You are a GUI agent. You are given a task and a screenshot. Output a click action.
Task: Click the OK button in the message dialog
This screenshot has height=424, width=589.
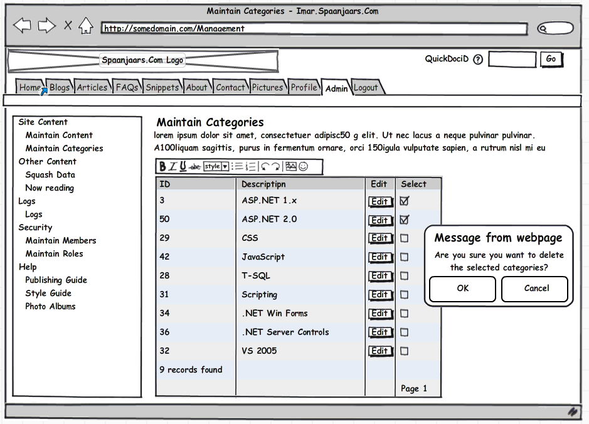(x=463, y=289)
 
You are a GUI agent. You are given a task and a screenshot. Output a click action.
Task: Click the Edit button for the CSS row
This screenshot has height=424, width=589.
(x=379, y=238)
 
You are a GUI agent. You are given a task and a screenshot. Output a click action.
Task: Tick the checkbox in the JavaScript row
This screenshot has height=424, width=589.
(x=404, y=257)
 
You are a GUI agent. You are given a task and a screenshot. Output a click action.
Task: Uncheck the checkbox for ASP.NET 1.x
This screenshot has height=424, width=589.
(x=404, y=201)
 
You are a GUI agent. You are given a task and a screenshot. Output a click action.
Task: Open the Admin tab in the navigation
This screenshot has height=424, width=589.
(x=336, y=88)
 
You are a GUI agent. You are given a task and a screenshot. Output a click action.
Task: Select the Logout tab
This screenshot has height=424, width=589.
(x=366, y=88)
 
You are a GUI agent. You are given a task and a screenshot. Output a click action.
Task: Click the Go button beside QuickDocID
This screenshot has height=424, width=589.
(x=551, y=59)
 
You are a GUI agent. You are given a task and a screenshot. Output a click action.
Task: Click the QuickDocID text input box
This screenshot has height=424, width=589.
(x=512, y=60)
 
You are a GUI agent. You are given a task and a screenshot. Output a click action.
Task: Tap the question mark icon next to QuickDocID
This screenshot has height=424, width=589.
(x=478, y=60)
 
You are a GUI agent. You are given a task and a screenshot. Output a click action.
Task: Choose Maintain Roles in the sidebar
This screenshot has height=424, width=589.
(x=54, y=254)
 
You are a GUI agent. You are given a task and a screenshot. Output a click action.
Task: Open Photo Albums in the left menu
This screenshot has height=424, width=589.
(x=50, y=307)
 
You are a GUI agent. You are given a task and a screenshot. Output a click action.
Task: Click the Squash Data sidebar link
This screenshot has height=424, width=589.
(x=50, y=175)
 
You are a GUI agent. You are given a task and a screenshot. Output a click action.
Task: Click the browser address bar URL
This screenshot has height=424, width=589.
(x=314, y=29)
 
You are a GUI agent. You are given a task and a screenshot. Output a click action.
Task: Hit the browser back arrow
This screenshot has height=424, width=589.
(x=22, y=26)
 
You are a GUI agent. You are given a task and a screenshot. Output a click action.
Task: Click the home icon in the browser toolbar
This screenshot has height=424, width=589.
(x=86, y=26)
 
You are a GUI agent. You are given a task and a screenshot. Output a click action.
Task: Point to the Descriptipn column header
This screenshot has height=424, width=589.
(x=263, y=184)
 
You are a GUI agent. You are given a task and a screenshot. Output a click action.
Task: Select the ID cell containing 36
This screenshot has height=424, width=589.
(x=164, y=332)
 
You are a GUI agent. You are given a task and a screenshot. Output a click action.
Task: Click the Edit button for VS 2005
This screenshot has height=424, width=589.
(x=379, y=351)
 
